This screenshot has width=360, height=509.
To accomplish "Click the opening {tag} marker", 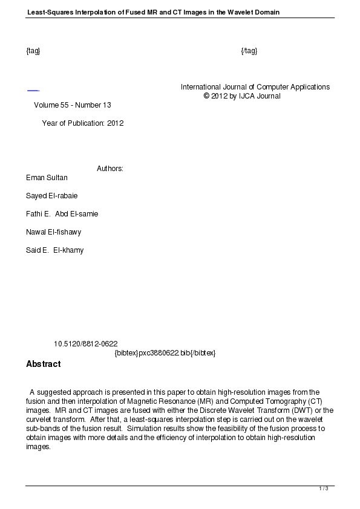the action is pos(33,51).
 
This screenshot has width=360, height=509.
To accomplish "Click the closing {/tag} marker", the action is pos(249,51).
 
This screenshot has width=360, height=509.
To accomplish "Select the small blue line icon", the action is pos(33,91).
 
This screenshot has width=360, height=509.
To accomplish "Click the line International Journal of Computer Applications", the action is pos(255,87).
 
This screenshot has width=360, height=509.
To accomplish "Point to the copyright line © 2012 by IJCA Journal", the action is pos(242,96).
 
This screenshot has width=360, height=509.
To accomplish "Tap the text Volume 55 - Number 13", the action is pos(73,105).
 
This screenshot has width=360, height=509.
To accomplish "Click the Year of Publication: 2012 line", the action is pos(82,123).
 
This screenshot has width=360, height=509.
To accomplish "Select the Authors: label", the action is pos(110,169).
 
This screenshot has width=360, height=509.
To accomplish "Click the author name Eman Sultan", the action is pos(47,178).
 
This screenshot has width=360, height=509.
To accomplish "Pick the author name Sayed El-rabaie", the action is pos(51,196).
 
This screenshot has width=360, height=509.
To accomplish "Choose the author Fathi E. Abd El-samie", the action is pos(62,214).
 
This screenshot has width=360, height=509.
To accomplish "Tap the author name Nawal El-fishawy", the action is pos(53,232).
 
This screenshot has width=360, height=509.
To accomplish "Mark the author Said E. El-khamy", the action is pos(54,250).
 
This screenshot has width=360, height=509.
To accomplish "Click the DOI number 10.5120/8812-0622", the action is pos(85,344).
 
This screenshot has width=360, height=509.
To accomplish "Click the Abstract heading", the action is pos(44,365).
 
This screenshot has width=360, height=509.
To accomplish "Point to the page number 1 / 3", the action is pos(324,488).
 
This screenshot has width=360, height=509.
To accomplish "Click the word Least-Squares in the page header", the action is pos(48,12).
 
